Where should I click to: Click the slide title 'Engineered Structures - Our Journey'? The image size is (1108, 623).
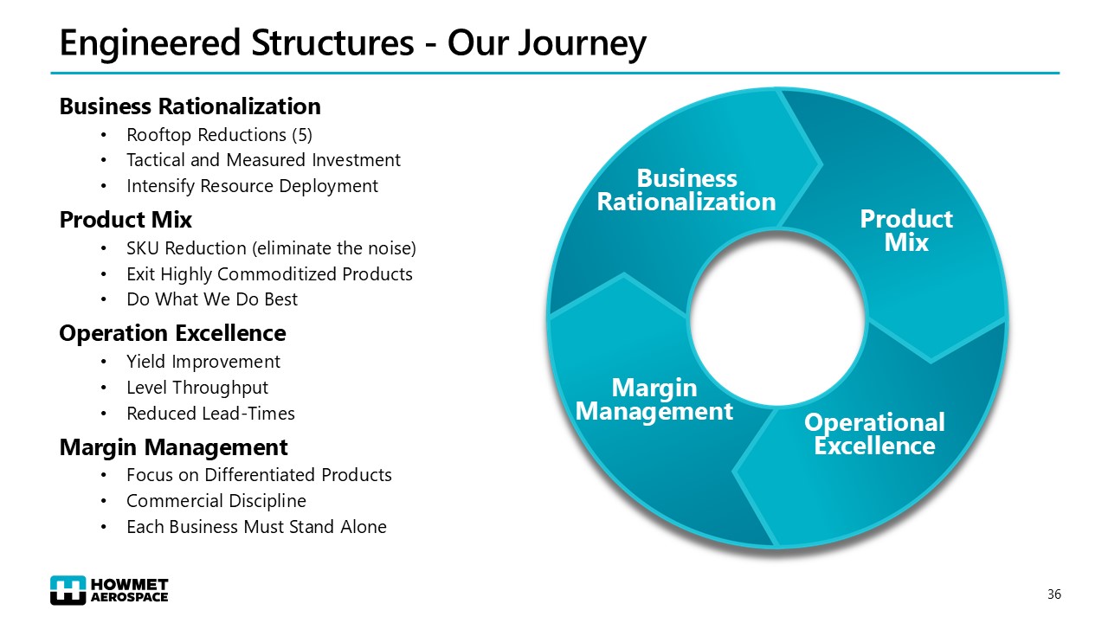point(352,43)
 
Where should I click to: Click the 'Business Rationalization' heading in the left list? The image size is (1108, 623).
point(190,106)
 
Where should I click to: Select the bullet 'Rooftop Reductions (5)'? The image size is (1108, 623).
point(219,135)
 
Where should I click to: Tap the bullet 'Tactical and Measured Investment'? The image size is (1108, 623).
point(263,160)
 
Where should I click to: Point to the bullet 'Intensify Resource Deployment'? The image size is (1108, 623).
point(252,186)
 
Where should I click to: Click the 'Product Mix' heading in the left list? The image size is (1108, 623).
point(126,220)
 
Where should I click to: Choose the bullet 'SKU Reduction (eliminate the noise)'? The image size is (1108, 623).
point(271,248)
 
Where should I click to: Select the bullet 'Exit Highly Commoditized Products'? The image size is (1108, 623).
point(269,274)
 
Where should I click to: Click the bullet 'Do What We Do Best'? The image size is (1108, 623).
point(212,299)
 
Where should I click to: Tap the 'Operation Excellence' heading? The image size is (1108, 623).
point(172,333)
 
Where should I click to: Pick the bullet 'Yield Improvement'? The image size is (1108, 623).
point(203,362)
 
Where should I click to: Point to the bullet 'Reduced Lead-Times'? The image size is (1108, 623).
point(210,414)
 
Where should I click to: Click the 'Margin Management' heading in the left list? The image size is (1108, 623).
point(173,447)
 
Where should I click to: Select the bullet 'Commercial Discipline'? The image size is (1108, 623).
point(216,501)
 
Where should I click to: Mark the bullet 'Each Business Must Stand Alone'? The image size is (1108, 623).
point(256,527)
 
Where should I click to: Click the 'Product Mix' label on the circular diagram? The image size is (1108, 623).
point(905,231)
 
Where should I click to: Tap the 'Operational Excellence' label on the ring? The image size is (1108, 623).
point(874,434)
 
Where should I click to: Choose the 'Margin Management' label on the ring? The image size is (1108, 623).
point(654,399)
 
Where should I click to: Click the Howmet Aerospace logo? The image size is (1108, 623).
point(110,589)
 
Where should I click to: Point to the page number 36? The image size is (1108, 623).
point(1053,594)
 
